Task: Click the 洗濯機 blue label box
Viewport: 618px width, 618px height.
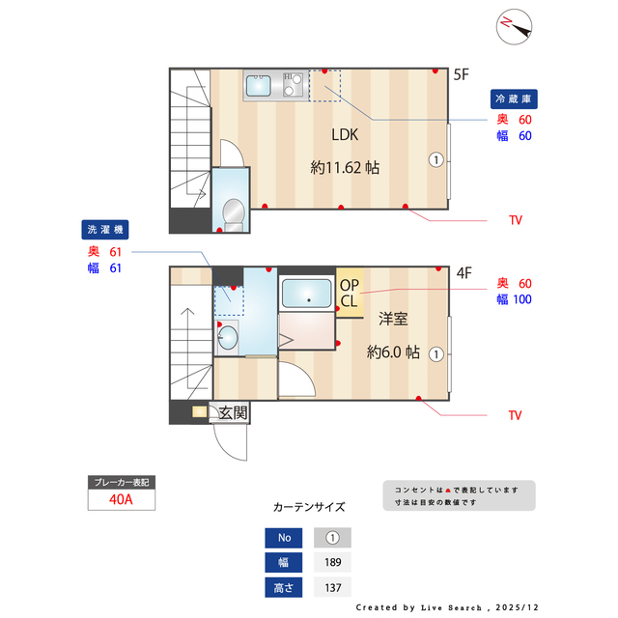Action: [104, 230]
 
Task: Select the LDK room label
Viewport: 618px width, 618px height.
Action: [345, 135]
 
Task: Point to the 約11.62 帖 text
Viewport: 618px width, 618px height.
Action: [345, 167]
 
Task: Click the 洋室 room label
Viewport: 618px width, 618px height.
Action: [392, 319]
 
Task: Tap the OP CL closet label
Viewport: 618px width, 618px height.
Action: [349, 293]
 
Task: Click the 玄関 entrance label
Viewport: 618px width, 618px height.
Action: [232, 413]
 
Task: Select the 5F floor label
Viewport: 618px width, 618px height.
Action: [462, 73]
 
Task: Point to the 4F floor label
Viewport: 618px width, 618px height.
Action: [463, 272]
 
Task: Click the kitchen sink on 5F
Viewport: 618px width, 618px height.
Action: [259, 87]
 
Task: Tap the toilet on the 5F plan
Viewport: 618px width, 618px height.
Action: [231, 211]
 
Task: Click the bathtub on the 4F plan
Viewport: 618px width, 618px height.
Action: [307, 293]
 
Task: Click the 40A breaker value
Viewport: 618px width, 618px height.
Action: [121, 500]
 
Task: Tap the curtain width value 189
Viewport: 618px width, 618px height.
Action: [332, 562]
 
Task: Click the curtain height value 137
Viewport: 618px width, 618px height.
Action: [332, 586]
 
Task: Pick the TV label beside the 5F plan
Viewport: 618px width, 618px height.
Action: [515, 220]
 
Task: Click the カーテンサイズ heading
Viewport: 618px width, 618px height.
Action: [309, 506]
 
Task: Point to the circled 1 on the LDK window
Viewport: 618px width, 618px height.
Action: [436, 160]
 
